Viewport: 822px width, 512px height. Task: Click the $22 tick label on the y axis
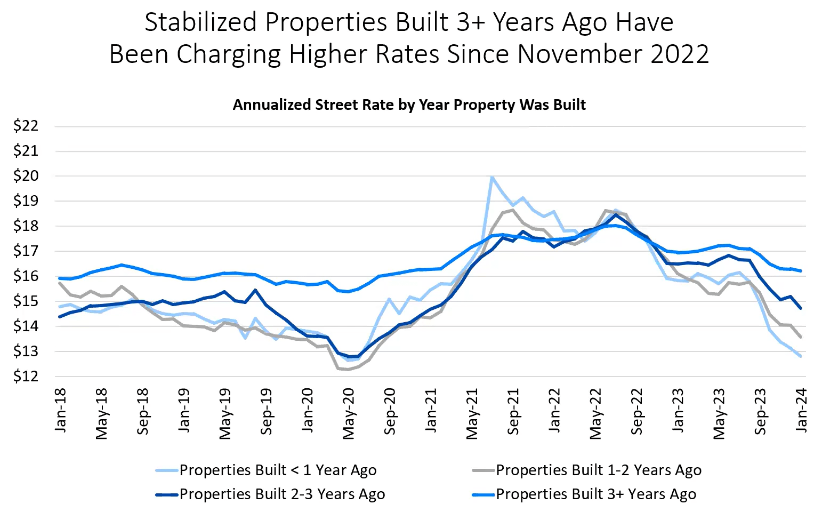(x=26, y=126)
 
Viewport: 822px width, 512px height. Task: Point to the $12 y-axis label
(x=26, y=377)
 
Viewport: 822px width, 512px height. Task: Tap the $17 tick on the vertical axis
(x=26, y=251)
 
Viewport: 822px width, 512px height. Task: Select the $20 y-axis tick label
(x=26, y=176)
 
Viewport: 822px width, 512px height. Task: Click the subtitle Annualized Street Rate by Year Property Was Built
(x=409, y=105)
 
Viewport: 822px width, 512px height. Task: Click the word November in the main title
(x=580, y=54)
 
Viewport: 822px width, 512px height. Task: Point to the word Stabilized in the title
(x=201, y=23)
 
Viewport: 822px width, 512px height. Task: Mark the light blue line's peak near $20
(x=491, y=177)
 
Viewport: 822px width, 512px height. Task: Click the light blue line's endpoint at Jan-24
(x=801, y=356)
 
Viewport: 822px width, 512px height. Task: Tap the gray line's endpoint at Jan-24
(x=801, y=337)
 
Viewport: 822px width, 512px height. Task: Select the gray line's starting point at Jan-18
(x=60, y=283)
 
